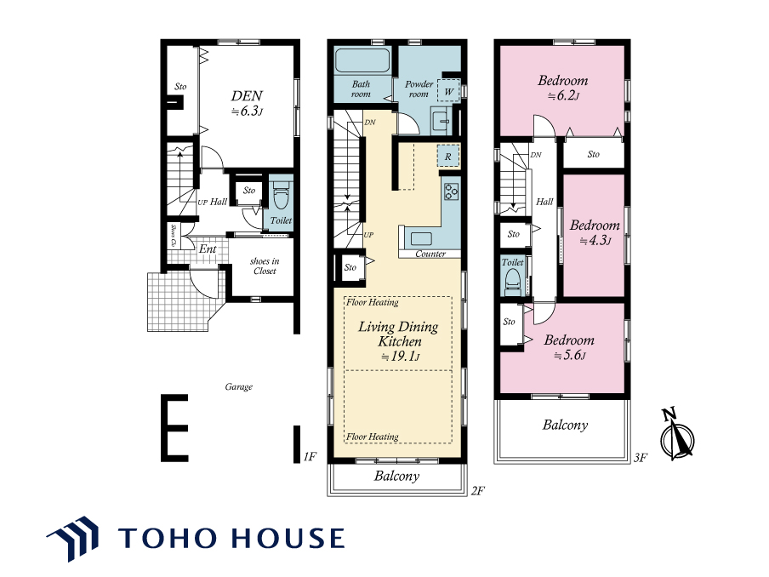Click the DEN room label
click(x=248, y=103)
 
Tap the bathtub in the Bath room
click(x=362, y=60)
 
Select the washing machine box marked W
click(x=448, y=91)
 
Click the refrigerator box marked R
click(x=448, y=157)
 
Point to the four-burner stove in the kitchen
click(x=451, y=191)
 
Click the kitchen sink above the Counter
click(x=421, y=239)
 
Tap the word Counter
click(x=430, y=254)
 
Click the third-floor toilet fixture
click(x=512, y=283)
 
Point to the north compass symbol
click(x=677, y=434)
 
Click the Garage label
click(x=239, y=386)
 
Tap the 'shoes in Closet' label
click(x=265, y=266)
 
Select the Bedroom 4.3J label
click(x=595, y=232)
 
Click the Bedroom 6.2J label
click(x=562, y=88)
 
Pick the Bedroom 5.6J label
click(x=569, y=347)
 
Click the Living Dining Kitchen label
click(x=399, y=341)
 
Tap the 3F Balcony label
click(x=565, y=425)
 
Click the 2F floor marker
click(x=478, y=491)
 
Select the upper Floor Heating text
click(x=373, y=302)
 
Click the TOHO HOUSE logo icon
click(x=73, y=538)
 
